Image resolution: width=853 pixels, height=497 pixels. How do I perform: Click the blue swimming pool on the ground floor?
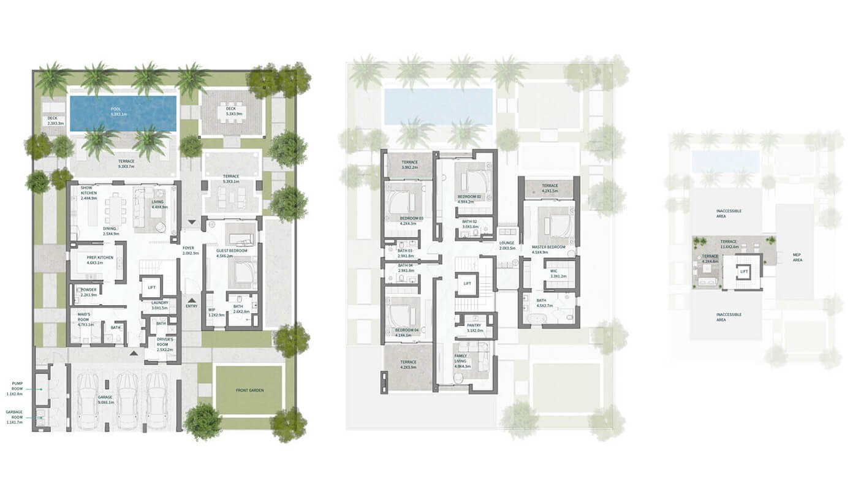pos(123,113)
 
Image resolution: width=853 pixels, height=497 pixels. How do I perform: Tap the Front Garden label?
pos(249,390)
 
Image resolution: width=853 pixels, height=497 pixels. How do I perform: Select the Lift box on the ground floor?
pos(151,286)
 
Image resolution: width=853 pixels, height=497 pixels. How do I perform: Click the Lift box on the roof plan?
pos(744,271)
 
